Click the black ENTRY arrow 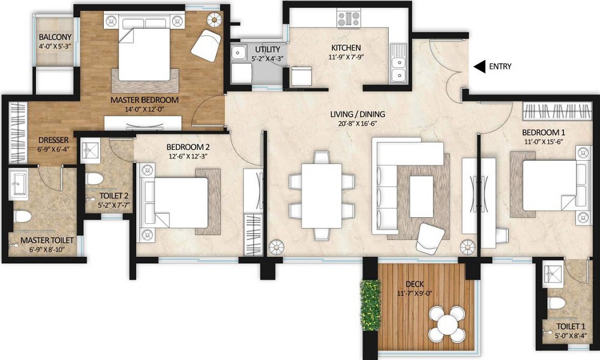(x=479, y=67)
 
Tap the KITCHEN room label (x=346, y=48)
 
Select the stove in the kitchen (x=349, y=20)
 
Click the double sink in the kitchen (x=398, y=63)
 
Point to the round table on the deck (x=446, y=324)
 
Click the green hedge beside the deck (x=370, y=305)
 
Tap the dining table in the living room (x=322, y=196)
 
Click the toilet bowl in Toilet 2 (x=95, y=179)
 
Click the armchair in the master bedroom (x=206, y=44)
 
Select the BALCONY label (x=55, y=37)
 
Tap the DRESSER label (x=53, y=140)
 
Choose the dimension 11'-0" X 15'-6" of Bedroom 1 (x=544, y=142)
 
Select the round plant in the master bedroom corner (x=215, y=18)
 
